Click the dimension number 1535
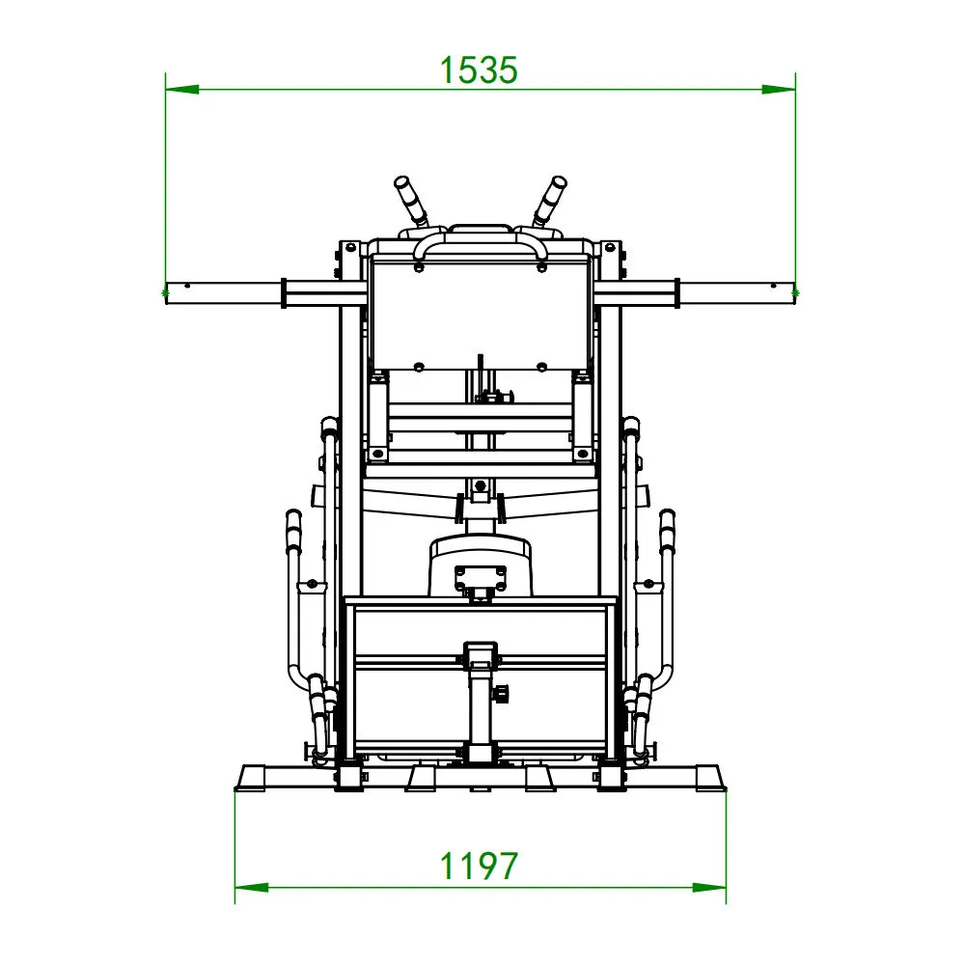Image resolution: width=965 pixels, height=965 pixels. coord(480,69)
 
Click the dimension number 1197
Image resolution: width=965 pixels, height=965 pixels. coord(480,866)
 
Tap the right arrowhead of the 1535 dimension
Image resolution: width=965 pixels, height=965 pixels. coord(779,90)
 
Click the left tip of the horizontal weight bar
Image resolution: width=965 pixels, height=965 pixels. coord(168,293)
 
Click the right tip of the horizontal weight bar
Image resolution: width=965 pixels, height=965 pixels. coord(793,293)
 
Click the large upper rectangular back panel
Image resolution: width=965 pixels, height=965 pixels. coord(480,314)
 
